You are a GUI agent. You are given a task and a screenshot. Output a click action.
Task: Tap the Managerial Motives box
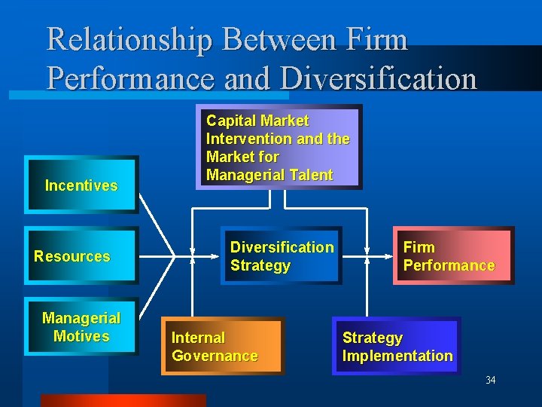81,328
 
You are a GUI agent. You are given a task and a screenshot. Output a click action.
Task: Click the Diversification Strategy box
281,256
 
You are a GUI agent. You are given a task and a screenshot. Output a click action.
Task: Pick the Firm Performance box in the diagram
453,256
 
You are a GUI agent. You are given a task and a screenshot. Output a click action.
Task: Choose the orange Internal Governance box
223,347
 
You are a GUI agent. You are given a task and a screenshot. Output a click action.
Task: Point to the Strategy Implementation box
396,347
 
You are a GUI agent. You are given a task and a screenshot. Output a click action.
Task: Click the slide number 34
490,380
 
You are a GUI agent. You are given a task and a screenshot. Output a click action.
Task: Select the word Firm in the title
374,39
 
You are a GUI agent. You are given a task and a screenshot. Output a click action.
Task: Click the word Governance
215,356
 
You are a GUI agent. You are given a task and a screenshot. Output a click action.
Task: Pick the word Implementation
397,356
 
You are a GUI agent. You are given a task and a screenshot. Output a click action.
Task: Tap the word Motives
81,336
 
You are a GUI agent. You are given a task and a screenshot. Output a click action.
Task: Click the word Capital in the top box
230,121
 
